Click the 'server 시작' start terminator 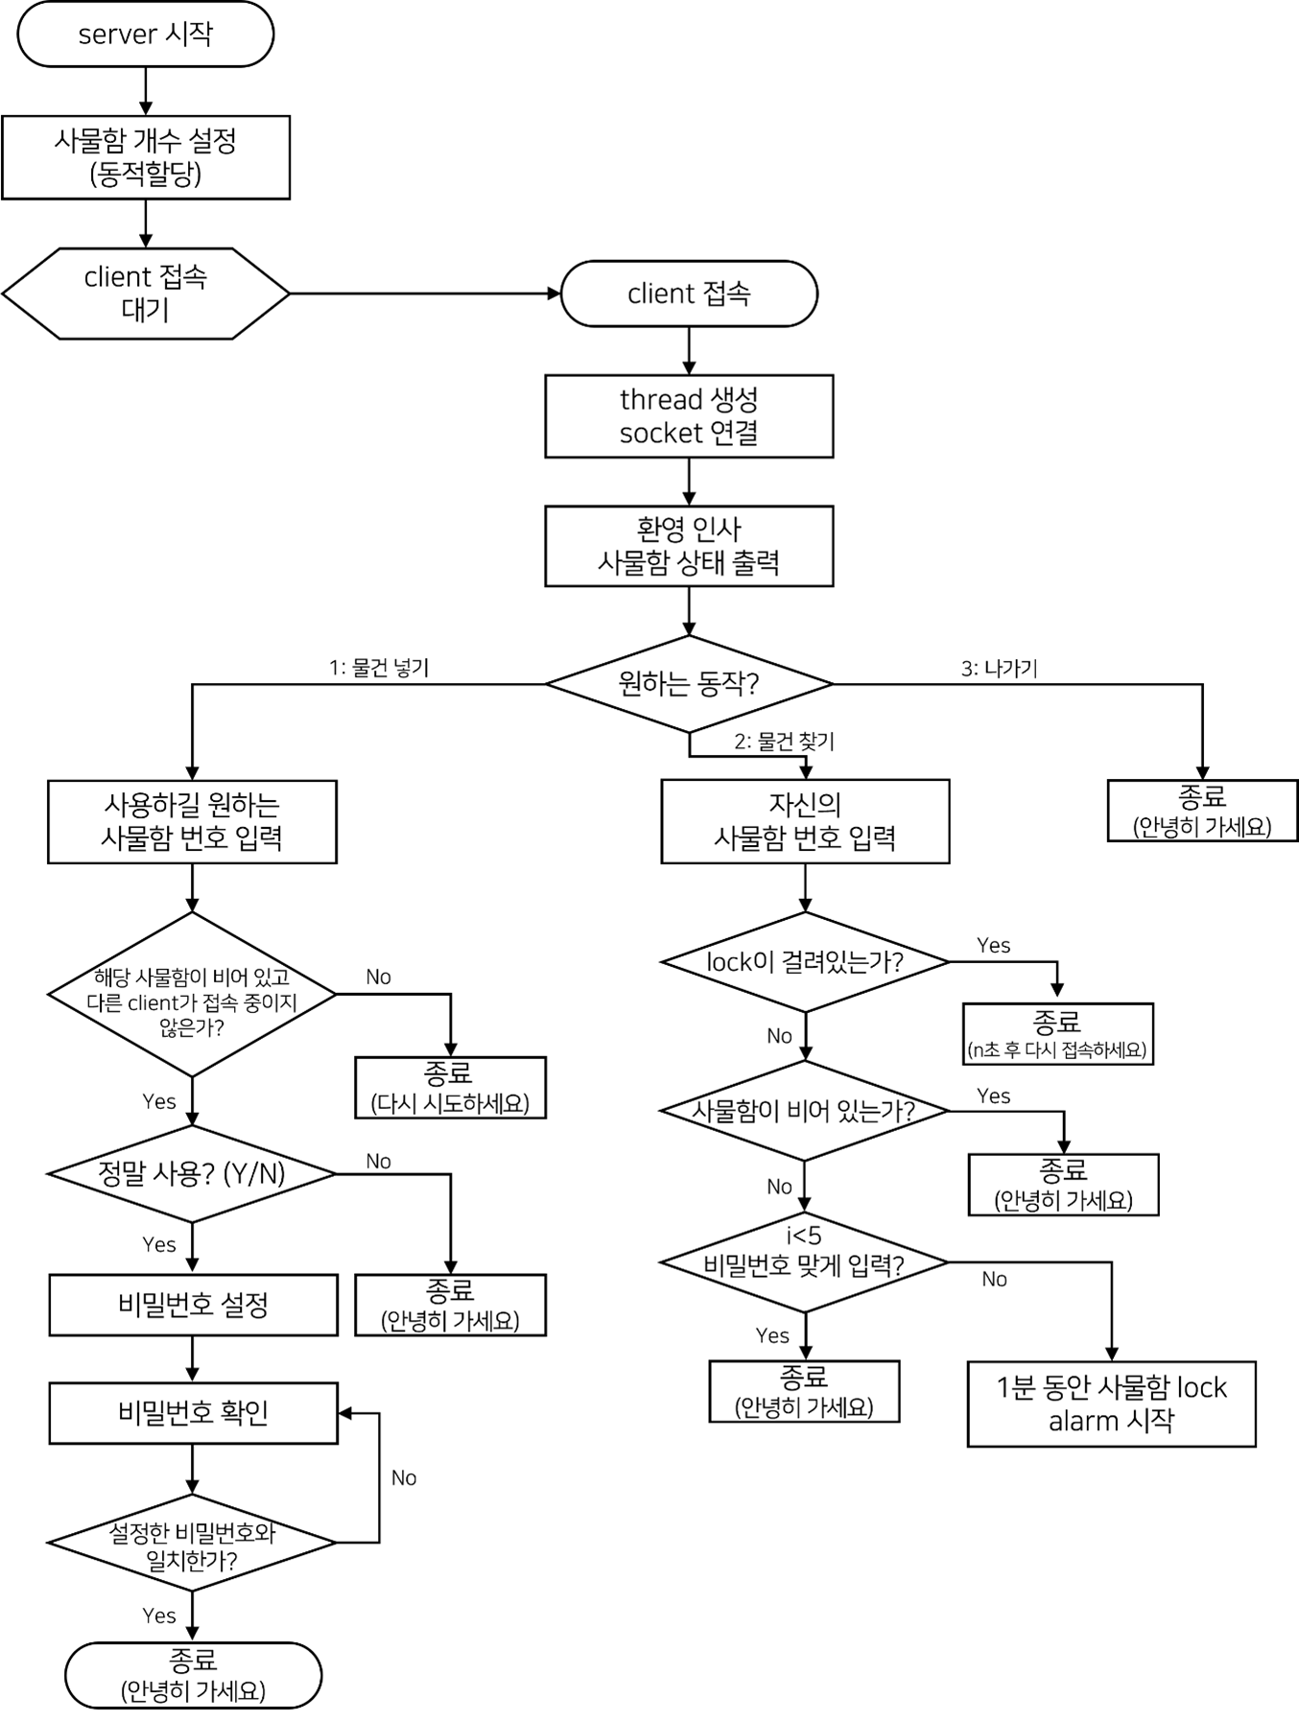[146, 35]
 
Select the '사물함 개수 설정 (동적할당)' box [146, 157]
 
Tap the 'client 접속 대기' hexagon [146, 294]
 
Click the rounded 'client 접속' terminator [689, 294]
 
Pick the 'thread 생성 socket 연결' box [689, 416]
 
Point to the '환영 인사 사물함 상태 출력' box [689, 546]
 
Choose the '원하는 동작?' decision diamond [689, 684]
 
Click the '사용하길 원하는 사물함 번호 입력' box [192, 822]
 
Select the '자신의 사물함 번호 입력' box [805, 822]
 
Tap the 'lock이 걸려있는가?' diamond [805, 962]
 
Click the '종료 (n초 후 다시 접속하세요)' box [1057, 1034]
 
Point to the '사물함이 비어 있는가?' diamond [805, 1111]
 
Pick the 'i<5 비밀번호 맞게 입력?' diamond [805, 1262]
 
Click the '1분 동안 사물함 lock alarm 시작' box [1111, 1403]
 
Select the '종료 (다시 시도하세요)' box [450, 1088]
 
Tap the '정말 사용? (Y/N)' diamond [192, 1174]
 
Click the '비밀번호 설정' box [193, 1305]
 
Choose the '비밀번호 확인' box [193, 1413]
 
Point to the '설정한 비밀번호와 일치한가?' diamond [192, 1543]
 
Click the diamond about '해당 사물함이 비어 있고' [192, 995]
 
